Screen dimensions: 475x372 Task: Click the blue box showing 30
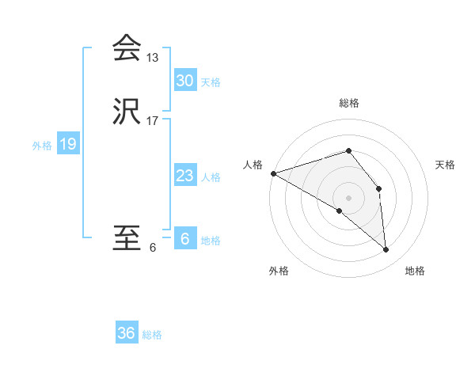click(185, 81)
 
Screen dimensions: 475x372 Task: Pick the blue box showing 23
click(185, 176)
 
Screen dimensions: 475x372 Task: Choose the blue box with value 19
click(68, 144)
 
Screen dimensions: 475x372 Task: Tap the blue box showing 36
click(127, 333)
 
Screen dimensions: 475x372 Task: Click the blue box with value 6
click(185, 239)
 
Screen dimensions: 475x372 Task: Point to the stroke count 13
click(153, 58)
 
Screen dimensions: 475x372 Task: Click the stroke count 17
click(153, 121)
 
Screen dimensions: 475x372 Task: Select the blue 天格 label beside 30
click(211, 82)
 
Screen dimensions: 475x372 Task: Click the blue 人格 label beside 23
click(211, 177)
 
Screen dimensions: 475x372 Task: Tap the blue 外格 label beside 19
click(42, 146)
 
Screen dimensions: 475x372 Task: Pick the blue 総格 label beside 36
click(152, 335)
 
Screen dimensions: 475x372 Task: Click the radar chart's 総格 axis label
click(349, 103)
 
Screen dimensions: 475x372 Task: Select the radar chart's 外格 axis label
click(279, 271)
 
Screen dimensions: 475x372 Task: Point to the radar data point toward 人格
click(273, 173)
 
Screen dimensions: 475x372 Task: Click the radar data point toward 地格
click(386, 250)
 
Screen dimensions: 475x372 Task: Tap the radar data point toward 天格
click(379, 188)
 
